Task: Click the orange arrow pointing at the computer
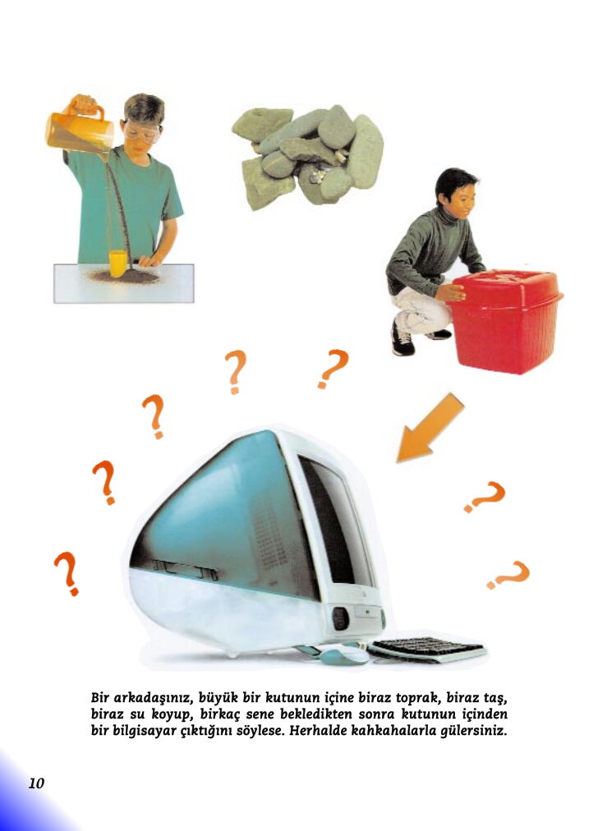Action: click(x=430, y=428)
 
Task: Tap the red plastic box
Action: click(x=505, y=320)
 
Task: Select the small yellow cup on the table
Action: click(x=117, y=264)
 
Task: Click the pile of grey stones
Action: click(x=307, y=157)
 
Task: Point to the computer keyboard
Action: click(x=427, y=650)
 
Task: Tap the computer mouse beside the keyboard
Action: click(x=344, y=654)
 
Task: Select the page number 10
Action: click(x=37, y=783)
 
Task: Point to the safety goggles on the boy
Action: click(x=141, y=132)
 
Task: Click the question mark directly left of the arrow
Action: click(x=333, y=369)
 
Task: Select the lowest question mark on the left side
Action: click(x=67, y=573)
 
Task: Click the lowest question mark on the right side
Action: click(x=508, y=575)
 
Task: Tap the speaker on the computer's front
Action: click(x=340, y=618)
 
